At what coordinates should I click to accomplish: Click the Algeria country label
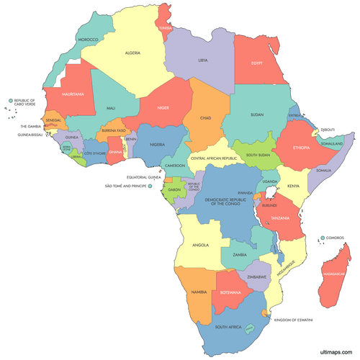coord(132,53)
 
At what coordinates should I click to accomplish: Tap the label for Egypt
coord(259,63)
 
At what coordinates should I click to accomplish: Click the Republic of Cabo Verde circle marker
coord(11,102)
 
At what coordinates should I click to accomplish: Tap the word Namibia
coord(199,292)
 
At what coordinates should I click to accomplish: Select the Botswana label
coord(230,292)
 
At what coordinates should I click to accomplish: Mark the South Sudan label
coord(258,154)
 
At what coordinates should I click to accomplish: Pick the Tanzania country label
coord(280,217)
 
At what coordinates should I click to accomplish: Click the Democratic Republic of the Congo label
coord(228,200)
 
